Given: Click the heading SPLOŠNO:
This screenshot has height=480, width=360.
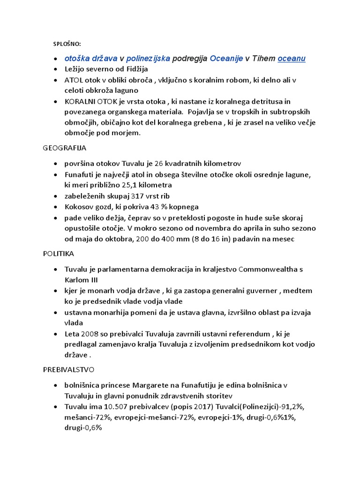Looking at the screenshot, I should [67, 44].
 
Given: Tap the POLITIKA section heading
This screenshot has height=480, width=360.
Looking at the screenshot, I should [58, 253].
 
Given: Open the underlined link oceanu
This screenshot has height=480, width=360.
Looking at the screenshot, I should [292, 59].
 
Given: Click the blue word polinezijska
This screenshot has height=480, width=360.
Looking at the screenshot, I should [149, 59].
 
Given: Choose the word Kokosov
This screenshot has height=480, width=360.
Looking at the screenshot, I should [80, 207].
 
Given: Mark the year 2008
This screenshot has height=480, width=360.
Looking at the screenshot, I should [90, 334].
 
